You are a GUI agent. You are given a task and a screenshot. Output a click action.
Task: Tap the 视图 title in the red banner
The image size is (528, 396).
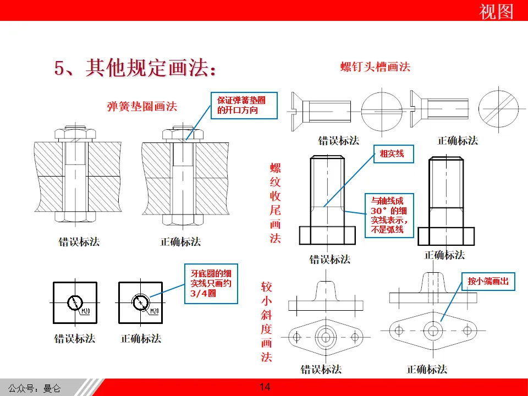click(x=496, y=11)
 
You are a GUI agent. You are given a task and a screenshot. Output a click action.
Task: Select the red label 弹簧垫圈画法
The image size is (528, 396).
click(x=142, y=106)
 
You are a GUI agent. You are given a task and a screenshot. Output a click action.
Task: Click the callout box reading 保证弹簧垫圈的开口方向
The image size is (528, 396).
click(x=242, y=105)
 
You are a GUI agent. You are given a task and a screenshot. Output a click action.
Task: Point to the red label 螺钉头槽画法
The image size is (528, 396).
click(x=376, y=67)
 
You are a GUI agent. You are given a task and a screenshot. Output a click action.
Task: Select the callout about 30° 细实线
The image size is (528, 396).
click(x=389, y=215)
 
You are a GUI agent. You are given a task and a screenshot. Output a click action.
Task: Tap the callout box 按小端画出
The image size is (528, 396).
click(x=488, y=281)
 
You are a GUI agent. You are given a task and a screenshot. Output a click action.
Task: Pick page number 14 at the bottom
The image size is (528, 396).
click(x=265, y=387)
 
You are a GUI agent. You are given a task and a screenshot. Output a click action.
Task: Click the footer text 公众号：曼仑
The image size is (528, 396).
click(x=34, y=388)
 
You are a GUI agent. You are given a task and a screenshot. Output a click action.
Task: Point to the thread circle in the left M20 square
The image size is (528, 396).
click(x=74, y=302)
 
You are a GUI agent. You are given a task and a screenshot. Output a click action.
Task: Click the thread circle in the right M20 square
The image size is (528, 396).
click(x=140, y=302)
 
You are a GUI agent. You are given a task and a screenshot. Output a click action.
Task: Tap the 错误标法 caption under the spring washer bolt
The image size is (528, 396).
click(x=79, y=241)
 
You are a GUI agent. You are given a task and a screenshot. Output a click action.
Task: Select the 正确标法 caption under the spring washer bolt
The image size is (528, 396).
click(x=181, y=241)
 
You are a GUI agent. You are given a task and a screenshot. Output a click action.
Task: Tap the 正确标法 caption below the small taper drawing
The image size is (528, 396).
click(x=427, y=369)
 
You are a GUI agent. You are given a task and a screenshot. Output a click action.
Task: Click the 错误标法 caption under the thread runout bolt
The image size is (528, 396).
click(x=330, y=259)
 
